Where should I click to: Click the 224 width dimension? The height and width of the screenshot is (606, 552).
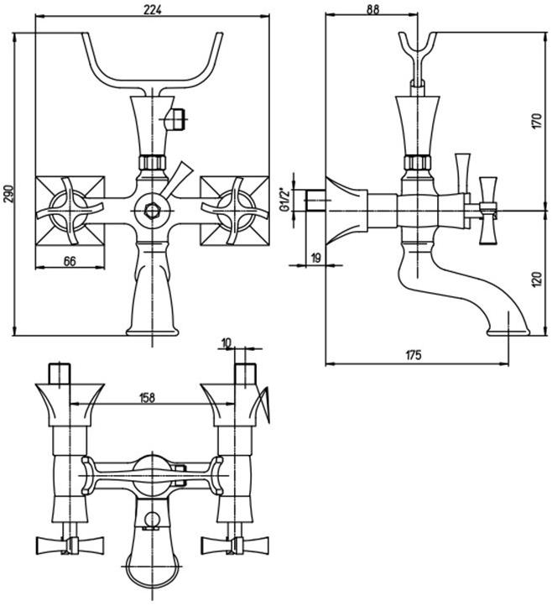point(153,9)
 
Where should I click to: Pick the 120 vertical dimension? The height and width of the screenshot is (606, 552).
point(539,277)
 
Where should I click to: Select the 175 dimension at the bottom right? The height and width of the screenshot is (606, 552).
point(413,355)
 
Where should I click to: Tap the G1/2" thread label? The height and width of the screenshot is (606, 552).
point(287,194)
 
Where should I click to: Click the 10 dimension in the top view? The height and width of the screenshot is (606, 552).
point(227,343)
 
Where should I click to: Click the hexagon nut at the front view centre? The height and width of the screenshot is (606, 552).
point(153,209)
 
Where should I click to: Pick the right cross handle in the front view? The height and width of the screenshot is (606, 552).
point(235,209)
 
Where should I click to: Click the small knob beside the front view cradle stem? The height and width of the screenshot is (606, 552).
point(177,117)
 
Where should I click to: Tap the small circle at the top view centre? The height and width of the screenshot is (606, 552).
point(151,520)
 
